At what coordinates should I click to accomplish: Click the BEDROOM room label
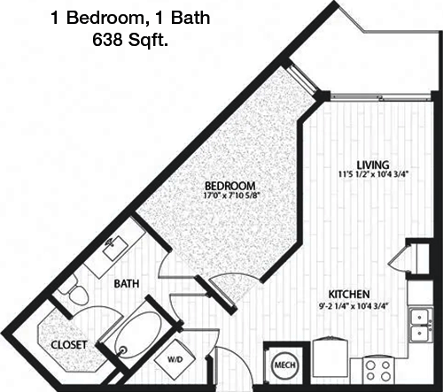(x=230, y=186)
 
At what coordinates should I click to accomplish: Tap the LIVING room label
(x=373, y=165)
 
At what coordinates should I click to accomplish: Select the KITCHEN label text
(x=349, y=294)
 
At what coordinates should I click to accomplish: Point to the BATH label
(x=127, y=284)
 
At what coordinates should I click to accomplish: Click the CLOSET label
(x=69, y=345)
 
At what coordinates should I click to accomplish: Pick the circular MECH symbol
(x=284, y=365)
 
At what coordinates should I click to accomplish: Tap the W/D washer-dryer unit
(x=175, y=359)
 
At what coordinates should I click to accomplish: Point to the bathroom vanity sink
(x=115, y=248)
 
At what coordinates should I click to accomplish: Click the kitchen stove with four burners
(x=378, y=371)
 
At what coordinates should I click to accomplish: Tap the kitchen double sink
(x=421, y=325)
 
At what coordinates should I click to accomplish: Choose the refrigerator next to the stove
(x=331, y=360)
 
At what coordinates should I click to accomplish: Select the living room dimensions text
(x=373, y=174)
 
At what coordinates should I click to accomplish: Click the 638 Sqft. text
(x=130, y=40)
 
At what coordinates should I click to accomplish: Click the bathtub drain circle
(x=122, y=350)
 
